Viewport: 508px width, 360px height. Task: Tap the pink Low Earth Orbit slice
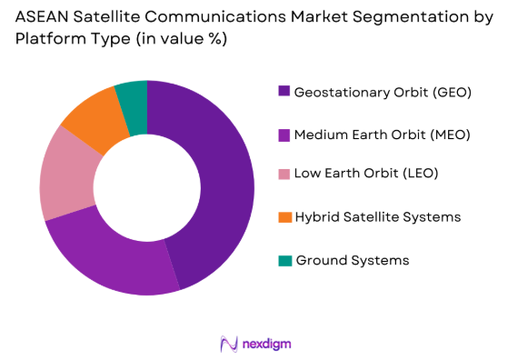tap(64, 177)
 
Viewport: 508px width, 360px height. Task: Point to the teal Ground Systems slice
tap(133, 95)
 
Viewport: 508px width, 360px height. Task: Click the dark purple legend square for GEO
tap(284, 91)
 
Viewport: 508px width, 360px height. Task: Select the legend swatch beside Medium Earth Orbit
tap(284, 134)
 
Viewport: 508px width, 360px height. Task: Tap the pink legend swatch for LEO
tap(284, 175)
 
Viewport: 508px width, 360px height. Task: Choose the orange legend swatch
tap(284, 216)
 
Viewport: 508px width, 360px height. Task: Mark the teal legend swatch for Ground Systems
tap(284, 260)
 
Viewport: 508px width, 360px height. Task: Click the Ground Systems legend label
tap(352, 260)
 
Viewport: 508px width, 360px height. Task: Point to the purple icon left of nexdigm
tap(229, 344)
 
